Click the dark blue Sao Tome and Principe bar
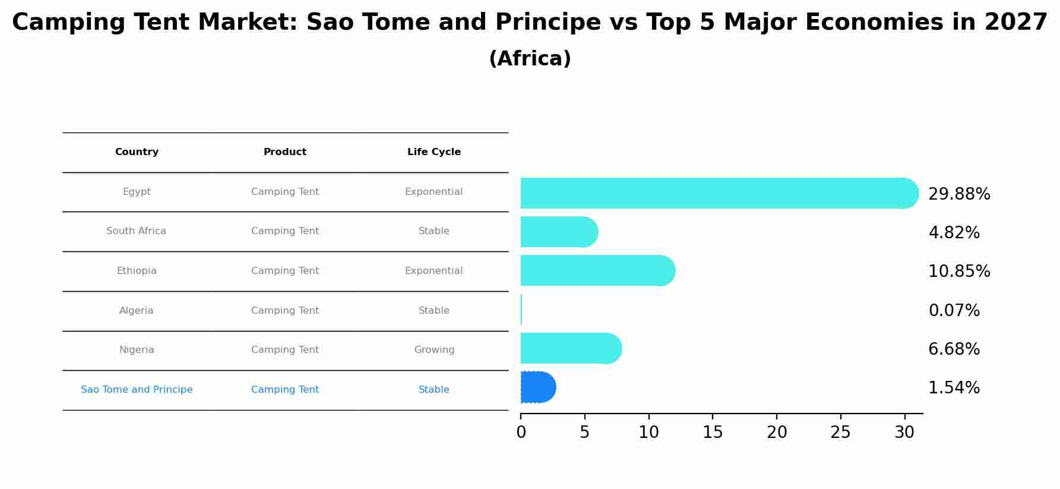tap(537, 387)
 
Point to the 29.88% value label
tap(959, 194)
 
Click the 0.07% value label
tap(954, 311)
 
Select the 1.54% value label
tap(954, 388)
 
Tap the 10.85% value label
tap(959, 272)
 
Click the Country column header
tap(137, 152)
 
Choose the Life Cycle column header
tap(434, 152)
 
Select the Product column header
tap(285, 152)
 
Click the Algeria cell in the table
tap(137, 311)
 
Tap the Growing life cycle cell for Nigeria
tap(434, 350)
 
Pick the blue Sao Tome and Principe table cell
tap(137, 390)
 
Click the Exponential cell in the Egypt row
tap(434, 192)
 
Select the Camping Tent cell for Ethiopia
tap(285, 271)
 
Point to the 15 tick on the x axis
tap(713, 433)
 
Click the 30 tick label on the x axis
tap(904, 433)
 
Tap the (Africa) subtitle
tap(530, 59)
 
